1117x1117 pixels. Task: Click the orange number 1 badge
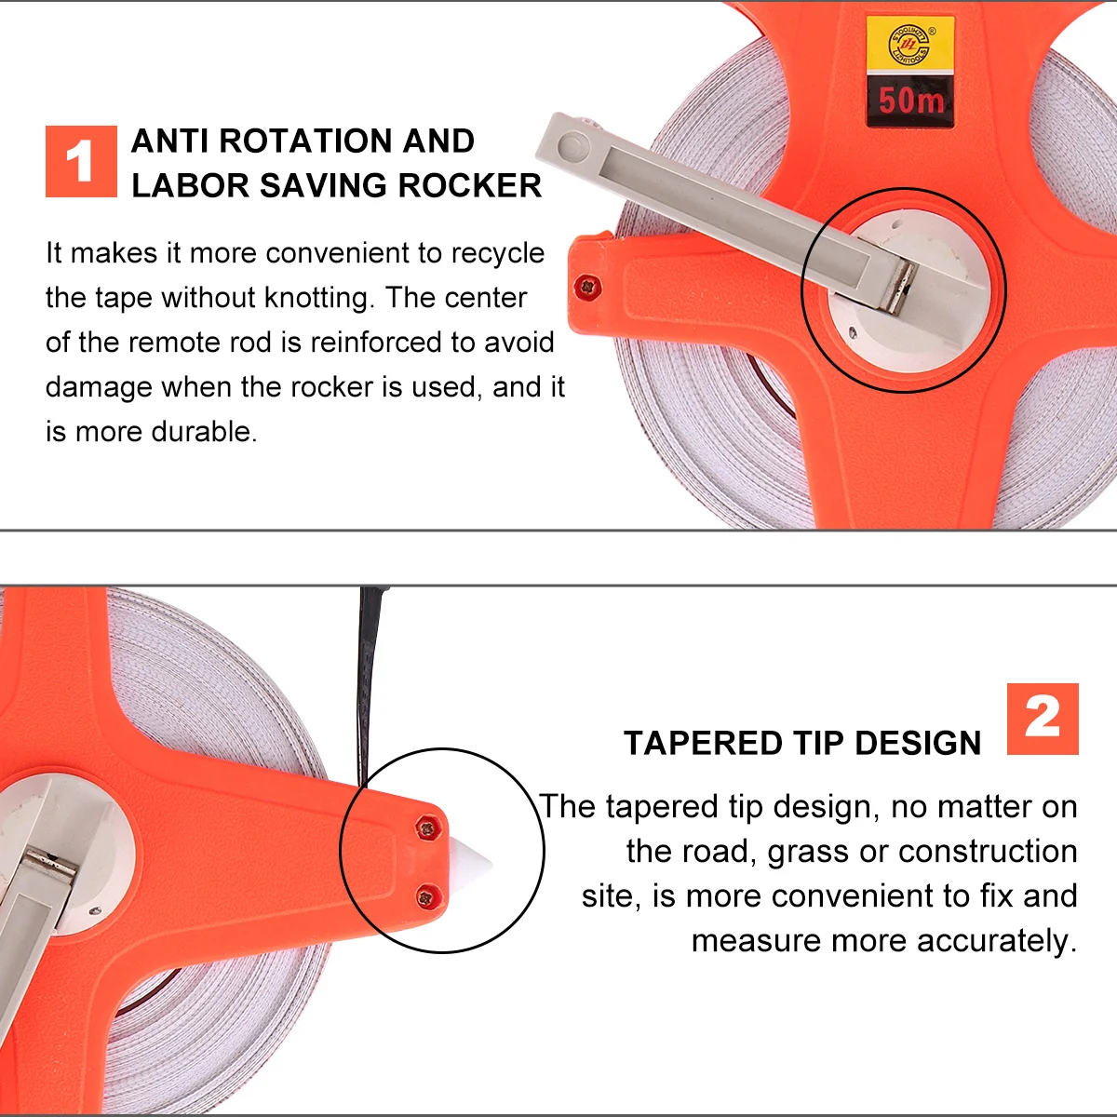(81, 161)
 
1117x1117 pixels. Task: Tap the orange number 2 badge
(1043, 719)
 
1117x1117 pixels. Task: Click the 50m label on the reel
(910, 100)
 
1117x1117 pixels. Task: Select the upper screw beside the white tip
(425, 826)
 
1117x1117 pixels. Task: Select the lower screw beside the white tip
(425, 897)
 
